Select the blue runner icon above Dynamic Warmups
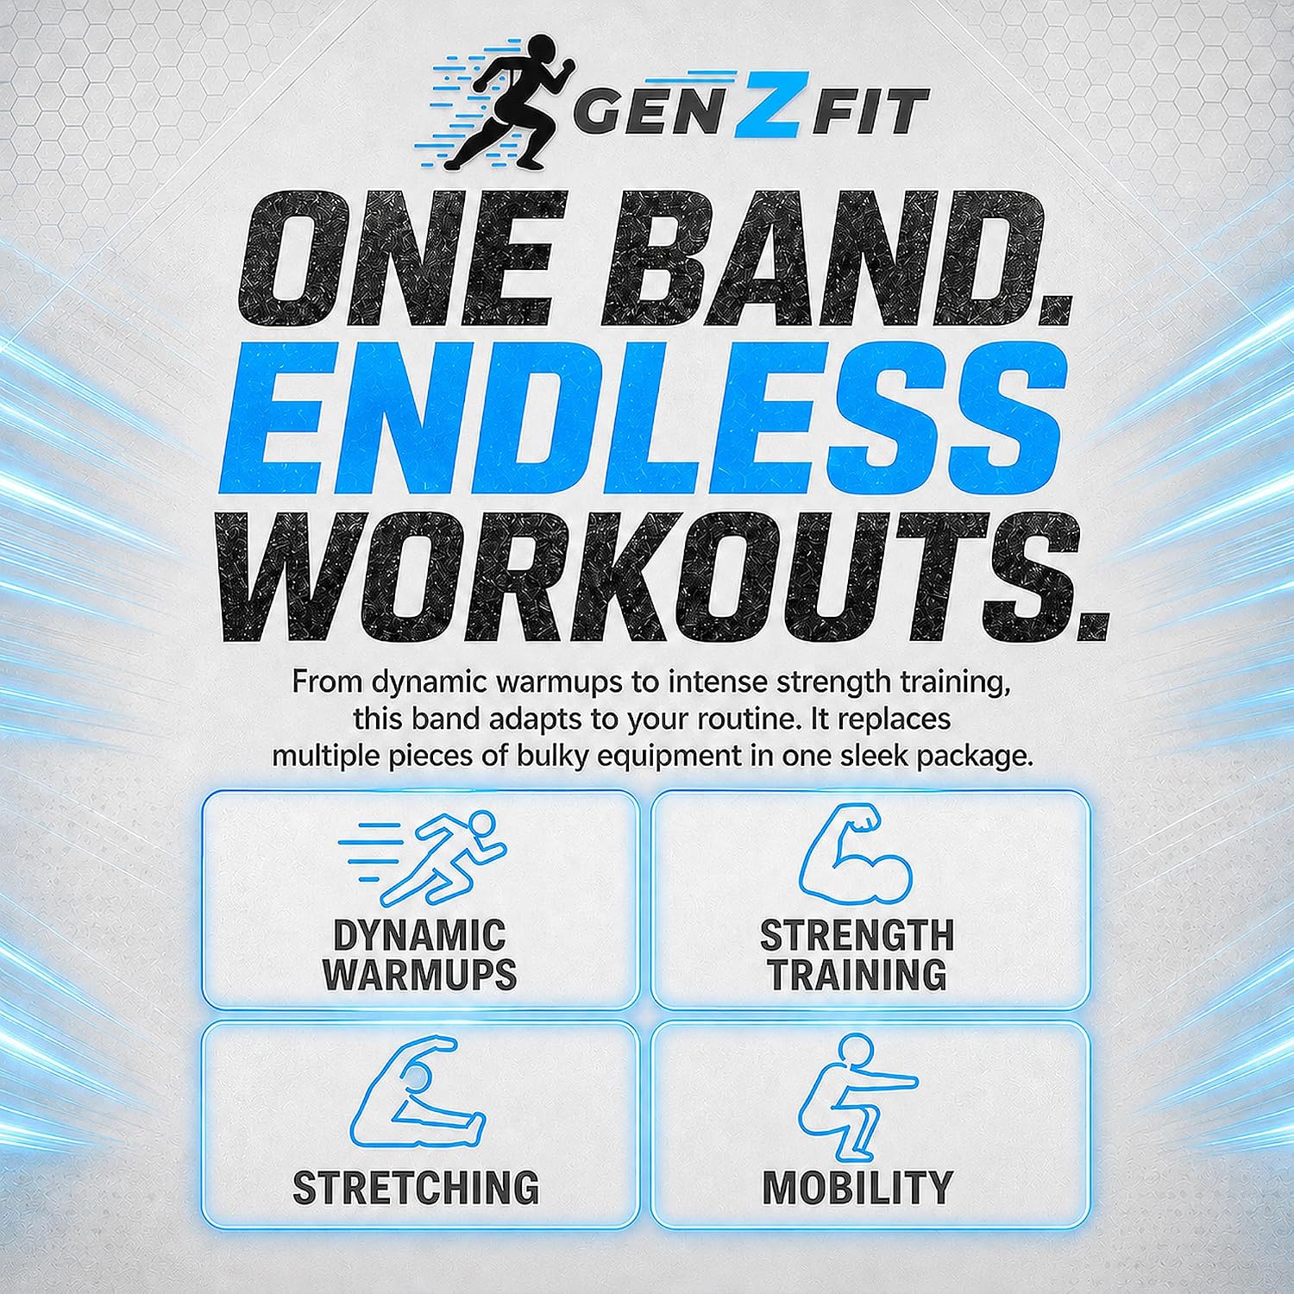[422, 857]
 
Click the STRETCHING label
[416, 1188]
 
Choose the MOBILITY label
[857, 1188]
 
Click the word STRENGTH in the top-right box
[857, 935]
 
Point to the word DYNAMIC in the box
[419, 935]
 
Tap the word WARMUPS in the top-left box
[419, 975]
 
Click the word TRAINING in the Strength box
[857, 975]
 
